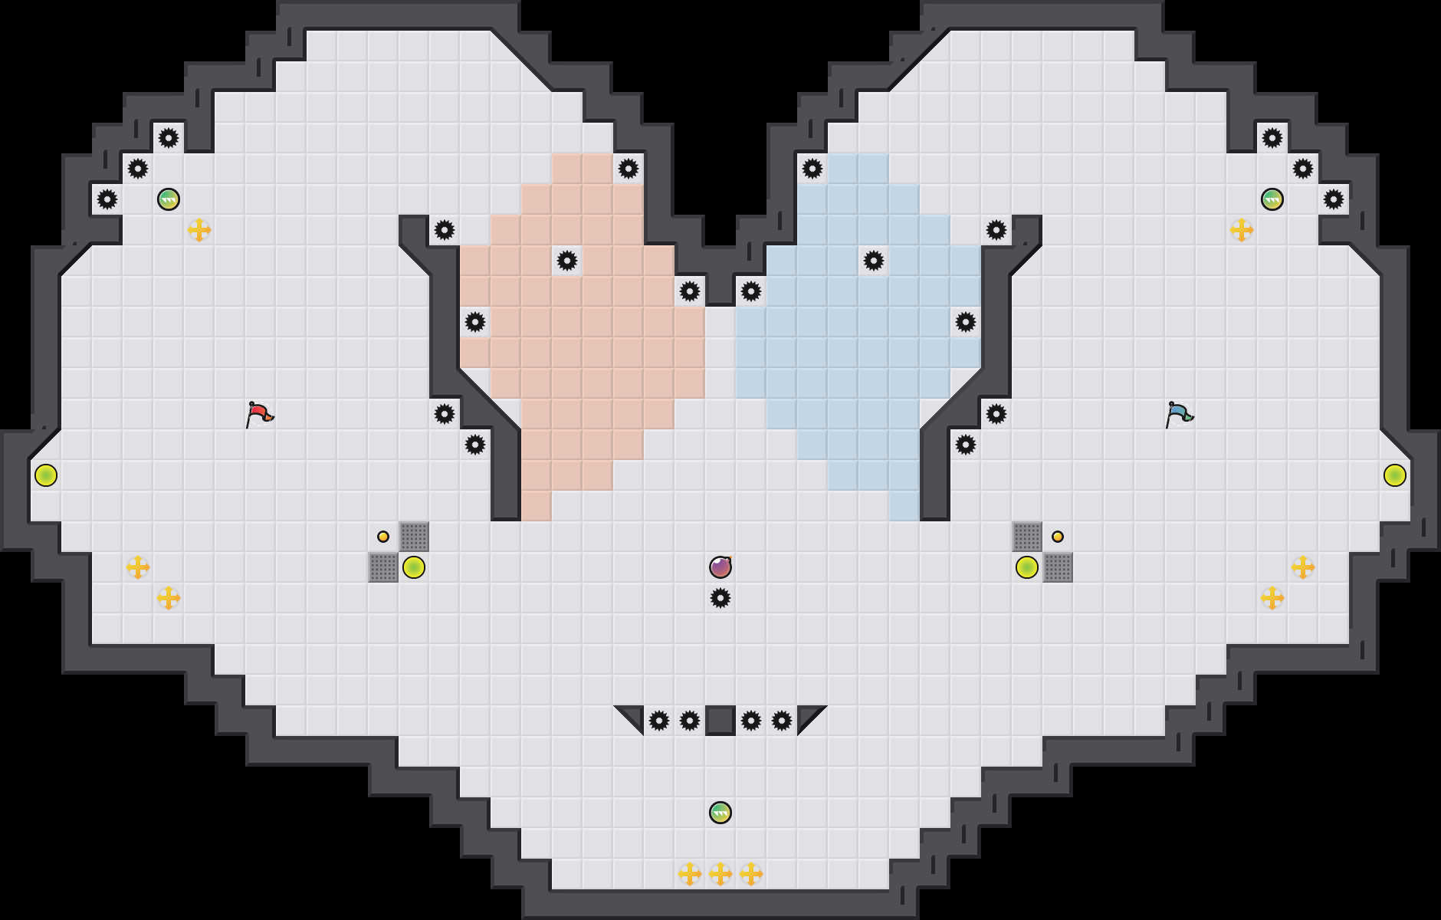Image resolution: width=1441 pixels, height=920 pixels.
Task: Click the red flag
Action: (x=260, y=414)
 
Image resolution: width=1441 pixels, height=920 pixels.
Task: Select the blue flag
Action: (x=1179, y=414)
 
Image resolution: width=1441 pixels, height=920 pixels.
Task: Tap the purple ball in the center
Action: (x=720, y=567)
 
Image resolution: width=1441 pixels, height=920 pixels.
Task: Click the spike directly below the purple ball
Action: (x=720, y=598)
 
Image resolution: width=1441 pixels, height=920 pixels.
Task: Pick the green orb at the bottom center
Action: (x=720, y=813)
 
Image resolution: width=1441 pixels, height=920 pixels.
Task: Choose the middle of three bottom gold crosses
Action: (x=720, y=873)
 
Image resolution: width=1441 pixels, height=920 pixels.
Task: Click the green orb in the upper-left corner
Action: (x=169, y=199)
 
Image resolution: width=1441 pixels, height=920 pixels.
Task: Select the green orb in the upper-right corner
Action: (x=1272, y=199)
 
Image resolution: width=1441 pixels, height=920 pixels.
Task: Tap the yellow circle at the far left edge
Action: (x=46, y=475)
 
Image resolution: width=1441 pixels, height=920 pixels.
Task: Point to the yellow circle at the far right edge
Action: (x=1395, y=475)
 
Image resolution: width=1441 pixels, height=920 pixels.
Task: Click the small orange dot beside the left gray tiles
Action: (x=383, y=537)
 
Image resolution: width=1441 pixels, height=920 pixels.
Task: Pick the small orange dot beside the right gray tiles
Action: (x=1058, y=537)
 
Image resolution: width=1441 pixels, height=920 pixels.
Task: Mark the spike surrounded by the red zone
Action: (x=567, y=261)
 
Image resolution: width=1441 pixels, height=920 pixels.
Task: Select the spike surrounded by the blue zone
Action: (x=874, y=261)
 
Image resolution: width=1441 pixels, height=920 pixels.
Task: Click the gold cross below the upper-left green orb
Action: (x=199, y=230)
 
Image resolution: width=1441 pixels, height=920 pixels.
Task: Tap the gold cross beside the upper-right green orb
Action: (x=1242, y=230)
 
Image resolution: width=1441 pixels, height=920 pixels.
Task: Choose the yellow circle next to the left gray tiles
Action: (x=414, y=567)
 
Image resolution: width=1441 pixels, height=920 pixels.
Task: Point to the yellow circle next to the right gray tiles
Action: (x=1027, y=567)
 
